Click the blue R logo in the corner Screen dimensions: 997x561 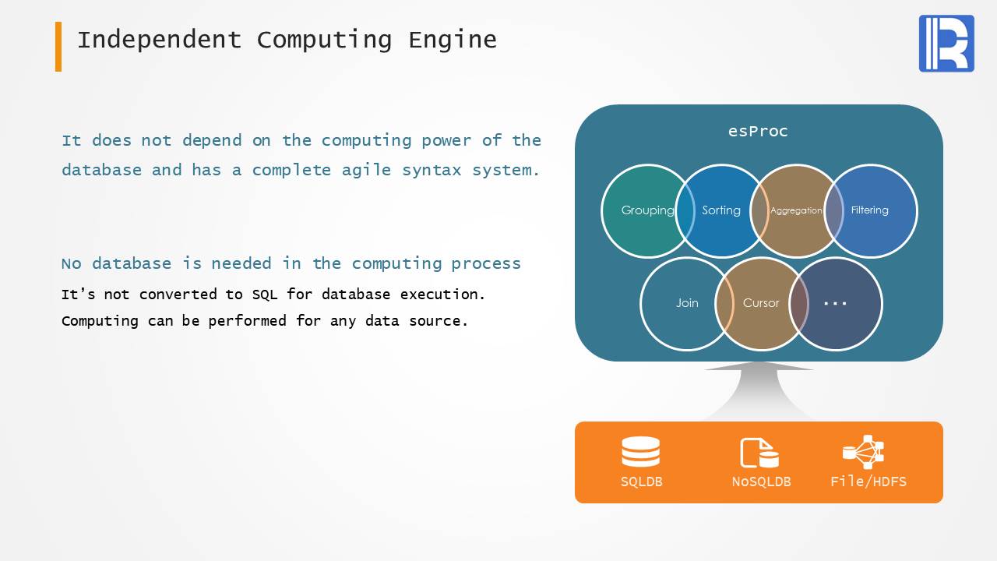[x=946, y=43]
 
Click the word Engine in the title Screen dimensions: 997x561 [x=453, y=40]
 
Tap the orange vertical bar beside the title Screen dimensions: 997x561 [x=58, y=46]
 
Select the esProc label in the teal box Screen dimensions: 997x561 [x=758, y=132]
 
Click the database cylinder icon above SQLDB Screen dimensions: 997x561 [x=641, y=451]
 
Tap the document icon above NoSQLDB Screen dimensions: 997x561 [x=759, y=453]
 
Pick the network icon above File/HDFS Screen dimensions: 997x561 [x=864, y=452]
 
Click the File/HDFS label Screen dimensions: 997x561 [x=868, y=482]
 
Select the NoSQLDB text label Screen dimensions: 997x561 [x=761, y=482]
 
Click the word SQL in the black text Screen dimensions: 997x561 [x=265, y=295]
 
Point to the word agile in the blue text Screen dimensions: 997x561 [x=366, y=170]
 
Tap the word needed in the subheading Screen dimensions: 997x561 [x=241, y=263]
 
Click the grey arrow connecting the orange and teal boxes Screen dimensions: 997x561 [x=759, y=391]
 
